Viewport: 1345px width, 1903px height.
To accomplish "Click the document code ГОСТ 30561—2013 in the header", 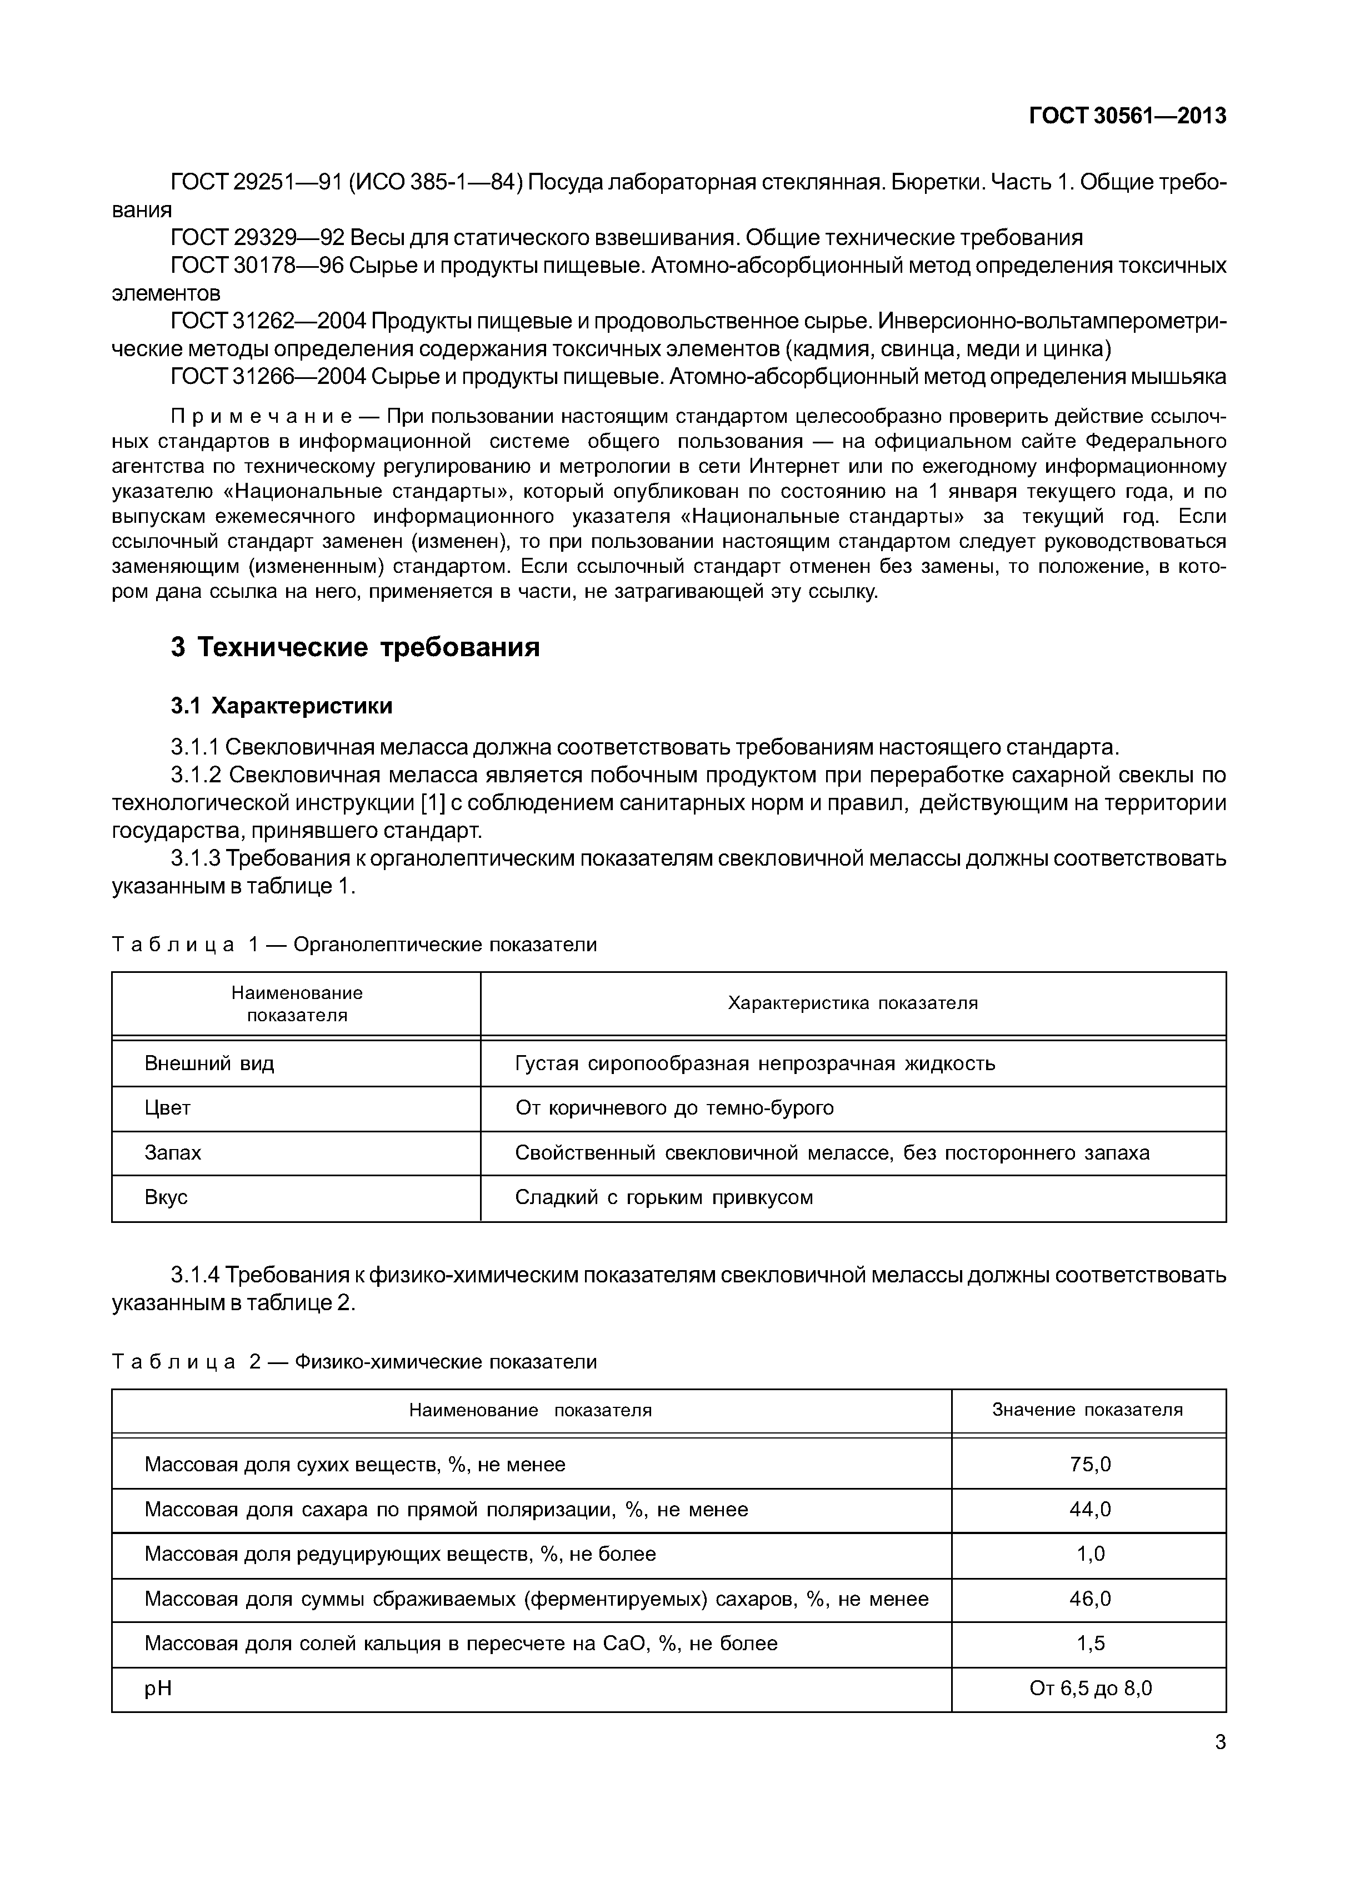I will [x=1127, y=117].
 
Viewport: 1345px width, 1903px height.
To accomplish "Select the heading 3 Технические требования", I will [x=354, y=647].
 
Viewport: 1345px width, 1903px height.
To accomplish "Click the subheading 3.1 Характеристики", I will [x=282, y=706].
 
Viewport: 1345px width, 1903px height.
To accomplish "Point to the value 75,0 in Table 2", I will [x=1090, y=1465].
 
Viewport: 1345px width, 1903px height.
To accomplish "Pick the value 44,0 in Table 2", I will [x=1090, y=1509].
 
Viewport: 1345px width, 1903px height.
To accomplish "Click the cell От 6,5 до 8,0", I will [x=1090, y=1689].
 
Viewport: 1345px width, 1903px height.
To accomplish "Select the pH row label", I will [x=158, y=1689].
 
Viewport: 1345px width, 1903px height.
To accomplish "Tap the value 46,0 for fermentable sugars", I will [x=1090, y=1599].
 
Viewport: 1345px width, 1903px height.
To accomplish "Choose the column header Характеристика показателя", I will [x=853, y=1003].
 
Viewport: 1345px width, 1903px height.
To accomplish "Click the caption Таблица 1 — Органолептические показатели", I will [x=354, y=945].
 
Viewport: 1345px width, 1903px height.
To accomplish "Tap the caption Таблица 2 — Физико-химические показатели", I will [x=354, y=1362].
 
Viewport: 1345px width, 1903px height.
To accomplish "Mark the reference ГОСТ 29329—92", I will [x=256, y=238].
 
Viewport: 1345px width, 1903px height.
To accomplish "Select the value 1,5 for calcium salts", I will [x=1090, y=1644].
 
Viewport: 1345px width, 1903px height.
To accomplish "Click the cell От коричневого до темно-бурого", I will [x=674, y=1108].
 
